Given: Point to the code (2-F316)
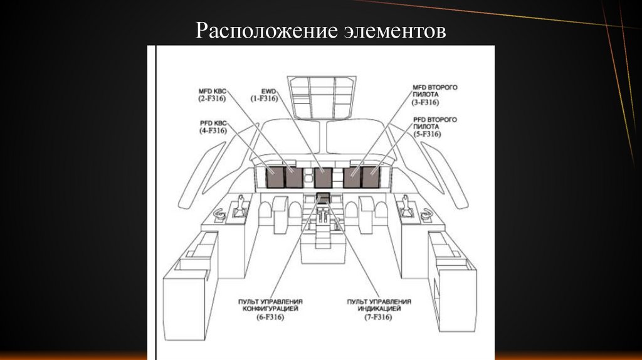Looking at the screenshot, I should coord(212,99).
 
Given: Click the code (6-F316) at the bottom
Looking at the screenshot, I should coord(270,318).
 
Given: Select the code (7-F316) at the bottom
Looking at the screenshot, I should coord(379,318).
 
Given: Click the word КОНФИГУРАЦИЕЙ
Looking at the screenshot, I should coord(270,309).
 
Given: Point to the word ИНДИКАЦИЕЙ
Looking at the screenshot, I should coord(379,309).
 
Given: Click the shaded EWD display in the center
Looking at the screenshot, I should coord(323,178).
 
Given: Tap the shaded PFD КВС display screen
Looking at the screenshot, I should coord(275,178).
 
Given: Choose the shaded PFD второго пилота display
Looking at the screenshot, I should coord(371,178).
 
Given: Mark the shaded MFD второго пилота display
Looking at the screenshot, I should coord(352,178).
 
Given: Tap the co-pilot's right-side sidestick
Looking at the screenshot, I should coord(406,209).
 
